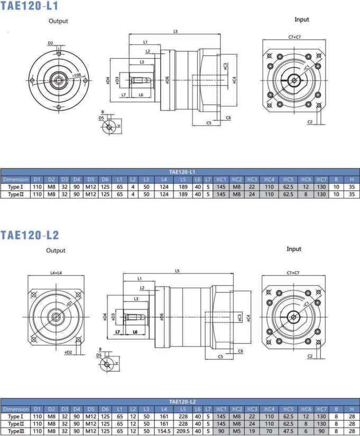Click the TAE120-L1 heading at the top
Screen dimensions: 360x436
[x=29, y=6]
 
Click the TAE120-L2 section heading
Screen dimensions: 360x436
[x=30, y=235]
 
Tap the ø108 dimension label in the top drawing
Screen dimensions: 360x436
[x=77, y=75]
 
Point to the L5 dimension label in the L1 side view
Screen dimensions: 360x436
[x=176, y=31]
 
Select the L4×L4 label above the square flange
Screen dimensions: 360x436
[x=56, y=273]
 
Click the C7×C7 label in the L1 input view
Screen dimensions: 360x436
[x=294, y=37]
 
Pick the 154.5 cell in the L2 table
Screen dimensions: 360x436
[x=164, y=431]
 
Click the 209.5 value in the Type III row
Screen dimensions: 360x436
[x=183, y=431]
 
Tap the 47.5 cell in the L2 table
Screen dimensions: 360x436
[x=288, y=431]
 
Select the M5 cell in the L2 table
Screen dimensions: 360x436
[x=237, y=431]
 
